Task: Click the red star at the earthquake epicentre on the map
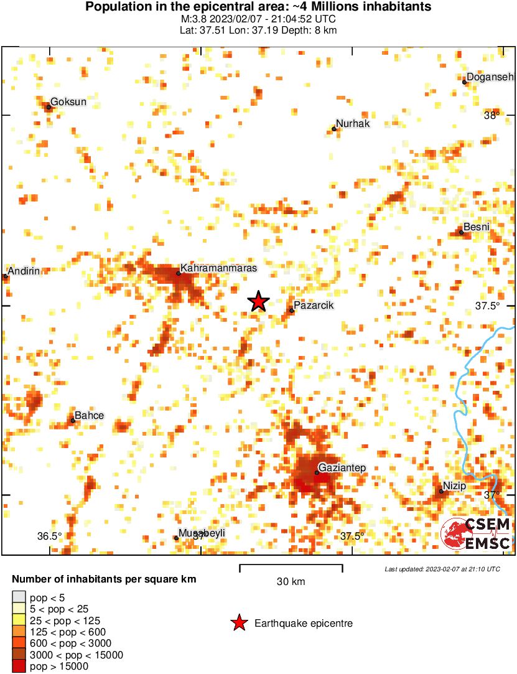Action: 259,302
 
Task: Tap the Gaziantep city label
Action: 342,467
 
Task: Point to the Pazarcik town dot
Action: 292,311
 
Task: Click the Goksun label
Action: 68,101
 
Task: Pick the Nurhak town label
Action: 353,123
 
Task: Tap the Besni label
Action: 477,227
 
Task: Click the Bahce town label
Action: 89,415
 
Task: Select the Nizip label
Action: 454,485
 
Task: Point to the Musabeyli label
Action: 202,533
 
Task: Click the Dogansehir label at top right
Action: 491,77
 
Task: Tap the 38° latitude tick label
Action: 491,115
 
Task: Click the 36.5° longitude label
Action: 49,536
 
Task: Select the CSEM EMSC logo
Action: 476,533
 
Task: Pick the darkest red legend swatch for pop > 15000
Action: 19,667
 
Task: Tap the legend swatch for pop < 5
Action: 19,597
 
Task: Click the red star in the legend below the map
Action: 239,623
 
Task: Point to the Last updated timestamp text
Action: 442,569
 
